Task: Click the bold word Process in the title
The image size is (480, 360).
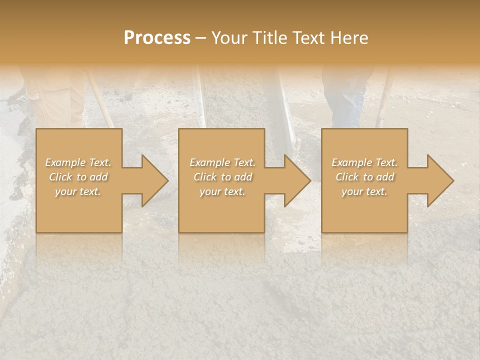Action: tap(157, 38)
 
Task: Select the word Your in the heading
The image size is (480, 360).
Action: tap(230, 38)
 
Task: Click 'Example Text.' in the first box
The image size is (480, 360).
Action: tap(78, 162)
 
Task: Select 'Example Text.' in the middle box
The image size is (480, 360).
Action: tap(222, 162)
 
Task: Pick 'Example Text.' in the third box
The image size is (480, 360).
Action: tap(364, 162)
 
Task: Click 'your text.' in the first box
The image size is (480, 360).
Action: tap(78, 191)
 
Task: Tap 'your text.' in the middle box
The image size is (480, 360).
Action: tap(222, 191)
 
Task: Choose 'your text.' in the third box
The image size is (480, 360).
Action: tap(364, 191)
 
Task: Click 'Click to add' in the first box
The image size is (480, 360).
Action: tap(78, 177)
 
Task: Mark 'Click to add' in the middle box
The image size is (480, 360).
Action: tap(222, 177)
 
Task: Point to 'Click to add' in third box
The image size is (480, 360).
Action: tap(364, 177)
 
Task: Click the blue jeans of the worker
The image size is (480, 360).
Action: tap(345, 100)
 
